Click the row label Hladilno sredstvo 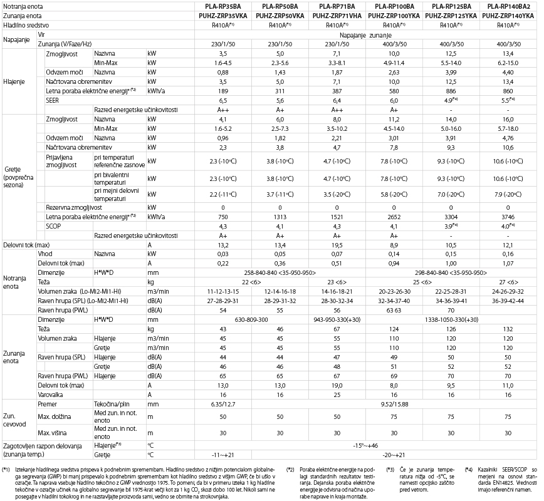pyautogui.click(x=28, y=24)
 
